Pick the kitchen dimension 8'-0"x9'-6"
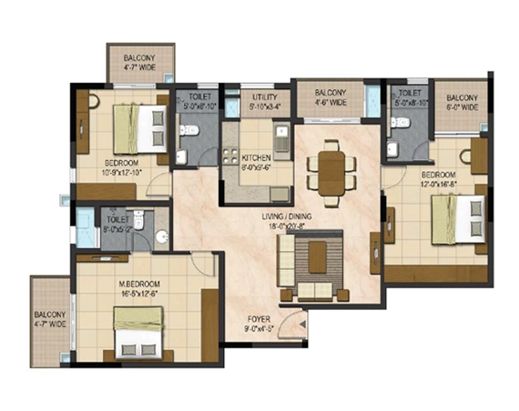[257, 166]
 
